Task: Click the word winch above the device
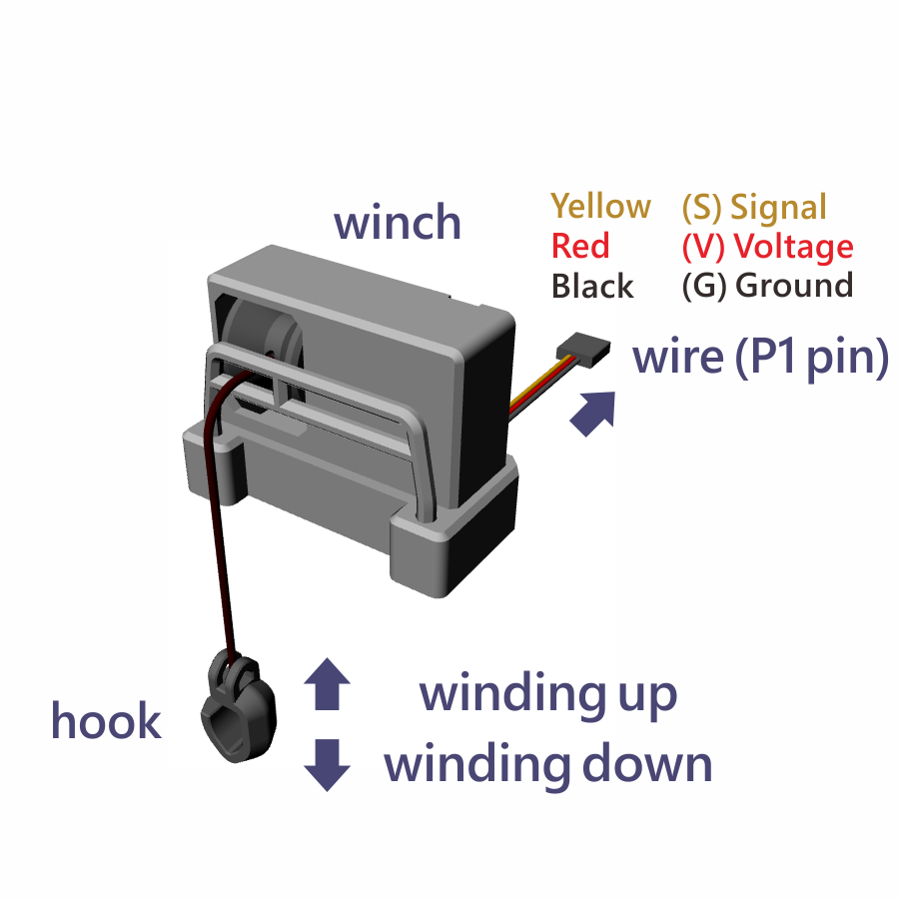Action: tap(398, 222)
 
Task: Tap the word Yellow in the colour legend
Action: tap(600, 207)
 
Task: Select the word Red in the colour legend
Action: tap(579, 246)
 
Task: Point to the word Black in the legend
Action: tap(592, 287)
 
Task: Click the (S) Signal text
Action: tap(754, 207)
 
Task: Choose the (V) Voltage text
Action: tap(767, 246)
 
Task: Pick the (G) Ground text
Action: tap(767, 287)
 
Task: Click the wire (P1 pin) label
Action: tap(760, 358)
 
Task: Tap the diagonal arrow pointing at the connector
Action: tap(591, 412)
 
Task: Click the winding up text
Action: tap(547, 693)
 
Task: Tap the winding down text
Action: tap(548, 764)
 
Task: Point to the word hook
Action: tap(106, 721)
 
